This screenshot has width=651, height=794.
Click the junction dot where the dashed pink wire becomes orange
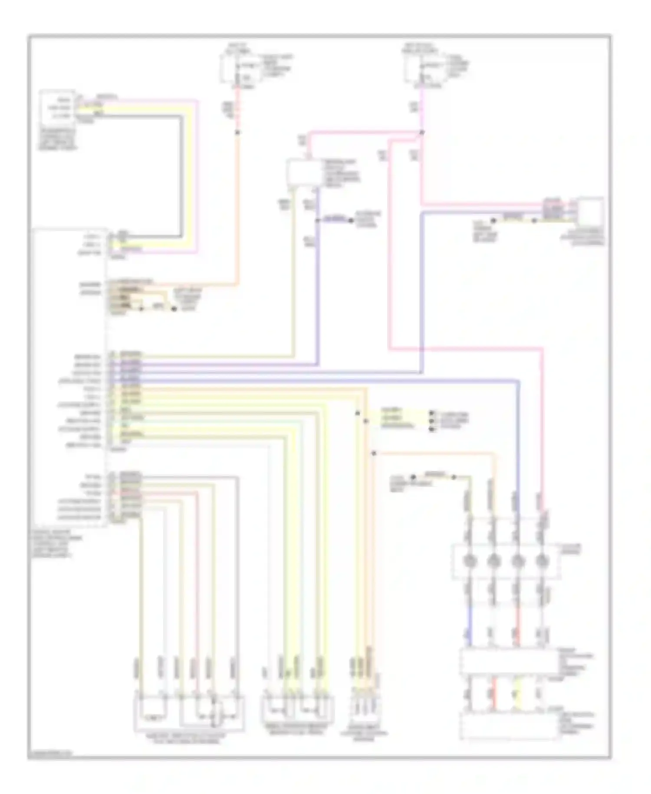[237, 132]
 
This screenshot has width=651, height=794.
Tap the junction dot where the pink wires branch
[422, 132]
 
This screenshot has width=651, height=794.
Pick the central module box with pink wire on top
[302, 173]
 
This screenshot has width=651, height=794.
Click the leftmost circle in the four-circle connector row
[469, 561]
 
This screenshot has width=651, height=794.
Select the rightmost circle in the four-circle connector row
[541, 561]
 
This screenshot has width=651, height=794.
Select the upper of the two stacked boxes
[508, 662]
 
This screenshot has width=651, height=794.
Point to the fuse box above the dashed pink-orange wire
[240, 69]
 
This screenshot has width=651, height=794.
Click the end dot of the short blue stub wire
[352, 221]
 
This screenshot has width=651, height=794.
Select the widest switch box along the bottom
[190, 714]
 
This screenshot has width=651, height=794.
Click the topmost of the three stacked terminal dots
[431, 413]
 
